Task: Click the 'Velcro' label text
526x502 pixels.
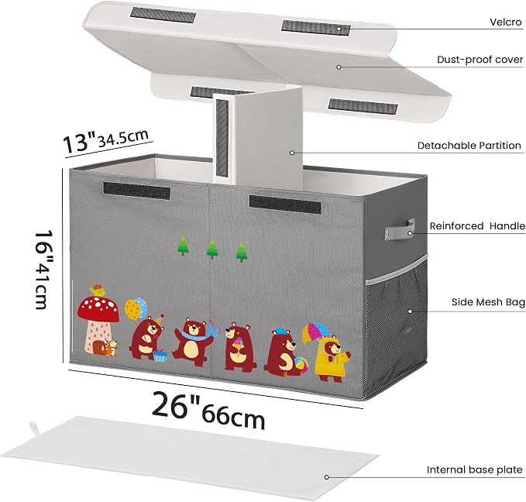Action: pos(506,22)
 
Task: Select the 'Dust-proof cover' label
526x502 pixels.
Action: pos(480,60)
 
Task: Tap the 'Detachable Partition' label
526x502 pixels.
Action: pos(469,146)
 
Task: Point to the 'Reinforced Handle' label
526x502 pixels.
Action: pos(477,226)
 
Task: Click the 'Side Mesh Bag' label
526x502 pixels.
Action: pos(488,302)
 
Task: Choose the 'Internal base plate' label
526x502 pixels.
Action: pos(474,469)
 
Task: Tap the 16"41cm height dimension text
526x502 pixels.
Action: pos(44,269)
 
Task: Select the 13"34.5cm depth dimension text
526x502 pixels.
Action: pos(106,139)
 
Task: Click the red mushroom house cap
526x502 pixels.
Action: pos(98,309)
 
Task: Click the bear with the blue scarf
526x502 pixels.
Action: pos(193,342)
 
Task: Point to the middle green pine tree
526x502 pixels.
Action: pos(212,249)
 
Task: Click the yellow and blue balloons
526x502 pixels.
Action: pos(136,309)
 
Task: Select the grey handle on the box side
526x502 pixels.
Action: pos(400,230)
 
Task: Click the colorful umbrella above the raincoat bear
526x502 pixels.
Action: pos(315,332)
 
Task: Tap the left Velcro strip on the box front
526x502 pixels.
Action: pos(137,191)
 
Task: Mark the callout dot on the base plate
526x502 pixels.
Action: pos(326,477)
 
